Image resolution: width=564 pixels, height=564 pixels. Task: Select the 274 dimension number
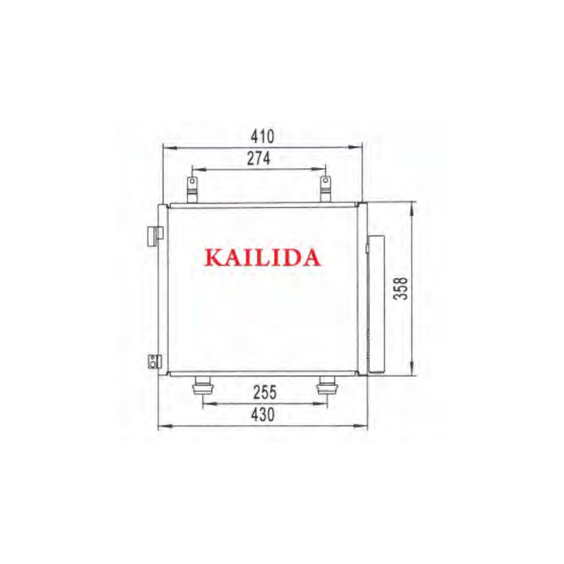259,159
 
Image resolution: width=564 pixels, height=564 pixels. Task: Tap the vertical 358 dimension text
401,288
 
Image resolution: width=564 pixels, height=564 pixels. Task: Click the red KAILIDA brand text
262,257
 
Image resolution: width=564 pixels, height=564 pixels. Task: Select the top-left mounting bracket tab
192,189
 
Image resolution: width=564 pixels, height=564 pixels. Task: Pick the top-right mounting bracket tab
325,189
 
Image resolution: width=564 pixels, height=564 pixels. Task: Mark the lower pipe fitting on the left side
152,362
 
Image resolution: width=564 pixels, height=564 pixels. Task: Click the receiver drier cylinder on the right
377,303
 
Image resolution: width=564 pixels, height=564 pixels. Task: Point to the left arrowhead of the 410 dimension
166,147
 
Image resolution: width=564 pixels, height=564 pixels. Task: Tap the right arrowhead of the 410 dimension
360,147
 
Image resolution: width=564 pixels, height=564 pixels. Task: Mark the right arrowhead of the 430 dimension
365,426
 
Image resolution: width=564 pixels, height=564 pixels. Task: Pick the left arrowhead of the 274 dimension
195,169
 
